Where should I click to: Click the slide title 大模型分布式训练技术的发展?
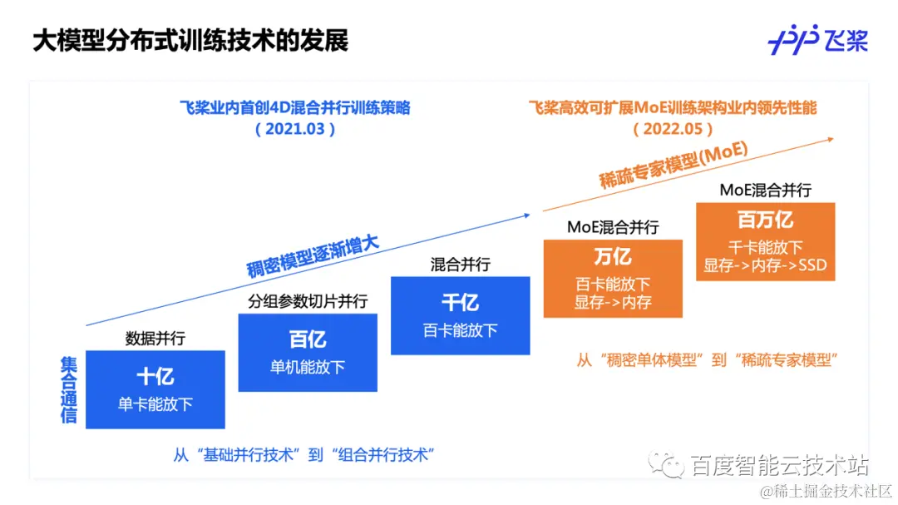click(x=190, y=41)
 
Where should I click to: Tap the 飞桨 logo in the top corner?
click(x=818, y=40)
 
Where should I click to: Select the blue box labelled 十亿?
click(x=155, y=389)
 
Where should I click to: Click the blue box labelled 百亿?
click(x=308, y=352)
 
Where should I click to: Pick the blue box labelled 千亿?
click(x=460, y=315)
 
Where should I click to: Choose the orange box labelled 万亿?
click(x=613, y=278)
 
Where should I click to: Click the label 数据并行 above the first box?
click(x=155, y=339)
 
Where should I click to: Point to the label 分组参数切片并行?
click(x=308, y=301)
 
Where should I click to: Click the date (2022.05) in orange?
click(x=673, y=129)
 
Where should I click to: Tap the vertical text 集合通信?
click(x=69, y=390)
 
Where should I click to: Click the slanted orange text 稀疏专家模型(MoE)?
click(x=673, y=166)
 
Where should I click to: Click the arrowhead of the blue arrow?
click(x=526, y=215)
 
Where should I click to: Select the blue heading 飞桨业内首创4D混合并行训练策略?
click(x=295, y=108)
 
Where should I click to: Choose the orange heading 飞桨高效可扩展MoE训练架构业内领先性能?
click(x=673, y=108)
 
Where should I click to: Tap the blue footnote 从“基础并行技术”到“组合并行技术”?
click(x=305, y=455)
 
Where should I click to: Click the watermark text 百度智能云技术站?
click(x=780, y=466)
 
